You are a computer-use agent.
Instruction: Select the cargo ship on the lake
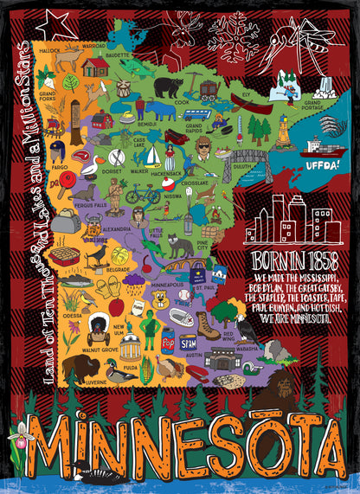320,145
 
